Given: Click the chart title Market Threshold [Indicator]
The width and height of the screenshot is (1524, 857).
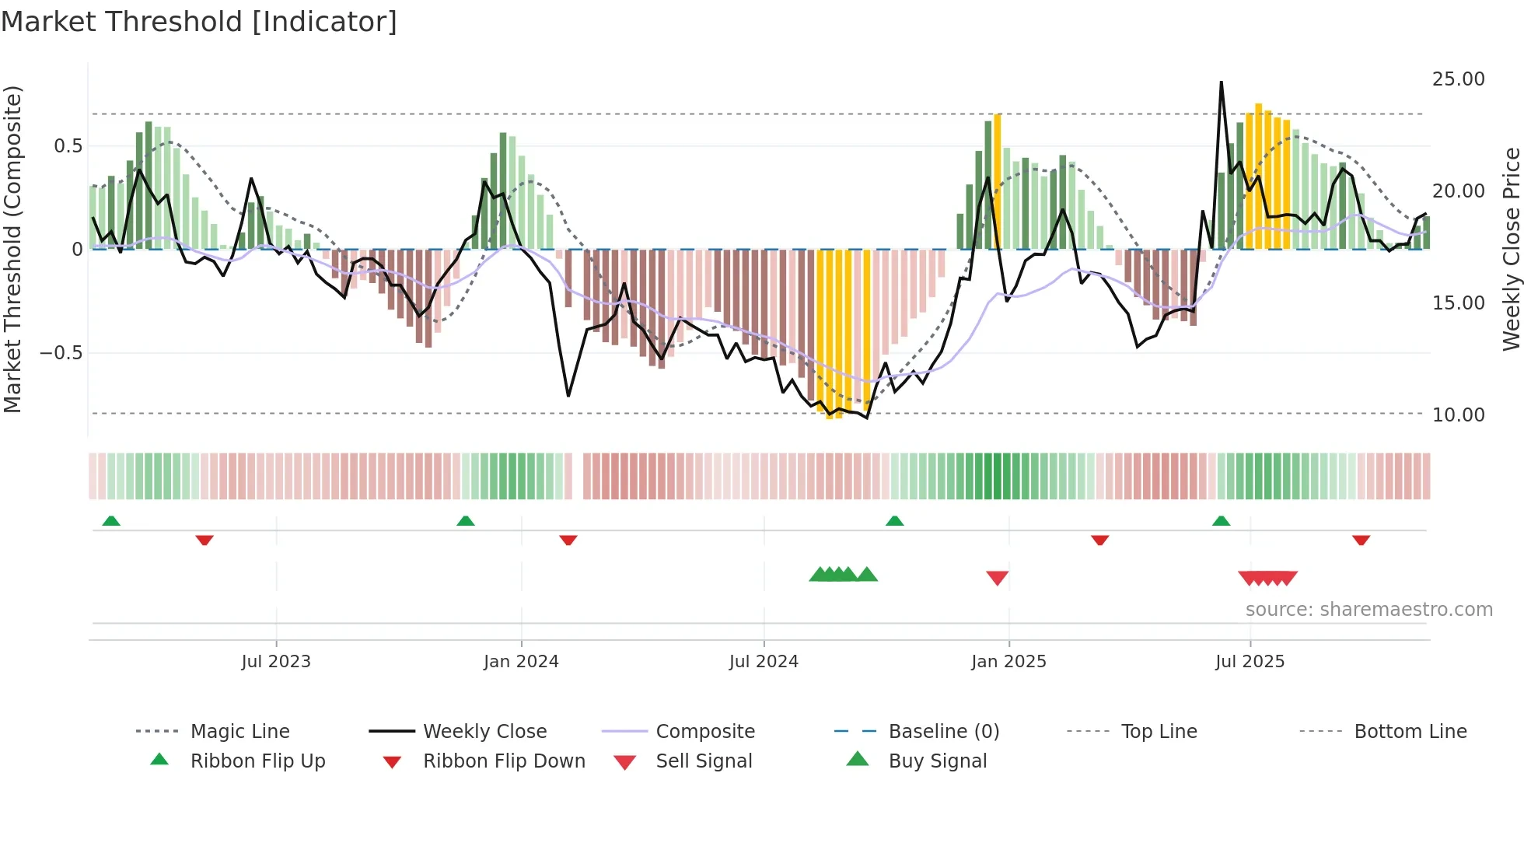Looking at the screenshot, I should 199,22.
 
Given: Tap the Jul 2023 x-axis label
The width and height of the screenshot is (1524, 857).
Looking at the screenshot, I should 275,662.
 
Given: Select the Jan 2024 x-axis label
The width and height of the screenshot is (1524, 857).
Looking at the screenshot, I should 521,662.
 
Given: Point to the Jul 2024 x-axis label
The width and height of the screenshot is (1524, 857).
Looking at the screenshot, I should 764,662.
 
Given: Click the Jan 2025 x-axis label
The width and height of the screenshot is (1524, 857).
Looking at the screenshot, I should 1008,662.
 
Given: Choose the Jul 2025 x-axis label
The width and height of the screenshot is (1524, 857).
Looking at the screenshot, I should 1250,662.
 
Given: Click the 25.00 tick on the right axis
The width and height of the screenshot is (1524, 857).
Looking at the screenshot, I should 1458,79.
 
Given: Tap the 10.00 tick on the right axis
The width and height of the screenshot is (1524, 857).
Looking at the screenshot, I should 1458,415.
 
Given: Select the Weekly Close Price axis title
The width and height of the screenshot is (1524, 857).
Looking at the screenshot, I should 1511,249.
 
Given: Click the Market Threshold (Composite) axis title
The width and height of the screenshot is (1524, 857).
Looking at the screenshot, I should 12,249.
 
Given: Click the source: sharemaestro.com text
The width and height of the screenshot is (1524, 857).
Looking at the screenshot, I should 1368,610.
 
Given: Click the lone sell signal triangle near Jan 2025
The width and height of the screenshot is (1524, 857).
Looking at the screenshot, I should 997,578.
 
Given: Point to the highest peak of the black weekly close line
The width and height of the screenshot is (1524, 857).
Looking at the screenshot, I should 1221,82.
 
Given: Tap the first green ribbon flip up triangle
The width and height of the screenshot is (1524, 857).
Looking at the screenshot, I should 111,521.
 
